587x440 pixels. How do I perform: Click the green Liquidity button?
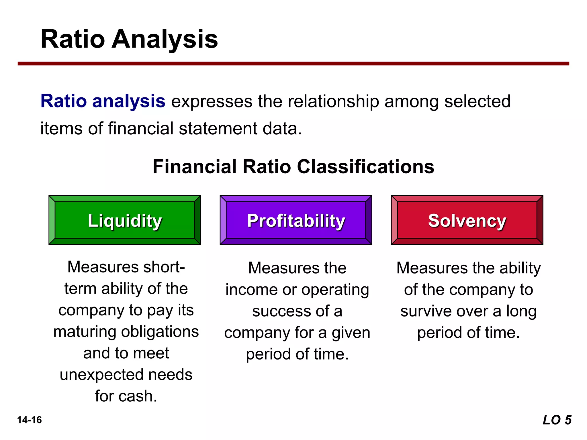(x=125, y=220)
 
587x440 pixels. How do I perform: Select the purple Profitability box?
(x=296, y=220)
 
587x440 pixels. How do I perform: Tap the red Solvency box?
(x=467, y=220)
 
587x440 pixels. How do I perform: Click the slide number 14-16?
(x=30, y=420)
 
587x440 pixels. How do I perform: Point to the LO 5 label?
(x=557, y=420)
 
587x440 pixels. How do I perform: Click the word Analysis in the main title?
(x=165, y=40)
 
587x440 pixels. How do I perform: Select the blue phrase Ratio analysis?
(x=103, y=101)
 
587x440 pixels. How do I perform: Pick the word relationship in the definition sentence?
(x=333, y=101)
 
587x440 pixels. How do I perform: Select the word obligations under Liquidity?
(x=160, y=332)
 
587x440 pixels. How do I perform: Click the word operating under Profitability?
(x=335, y=290)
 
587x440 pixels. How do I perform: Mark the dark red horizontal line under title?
(x=293, y=64)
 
